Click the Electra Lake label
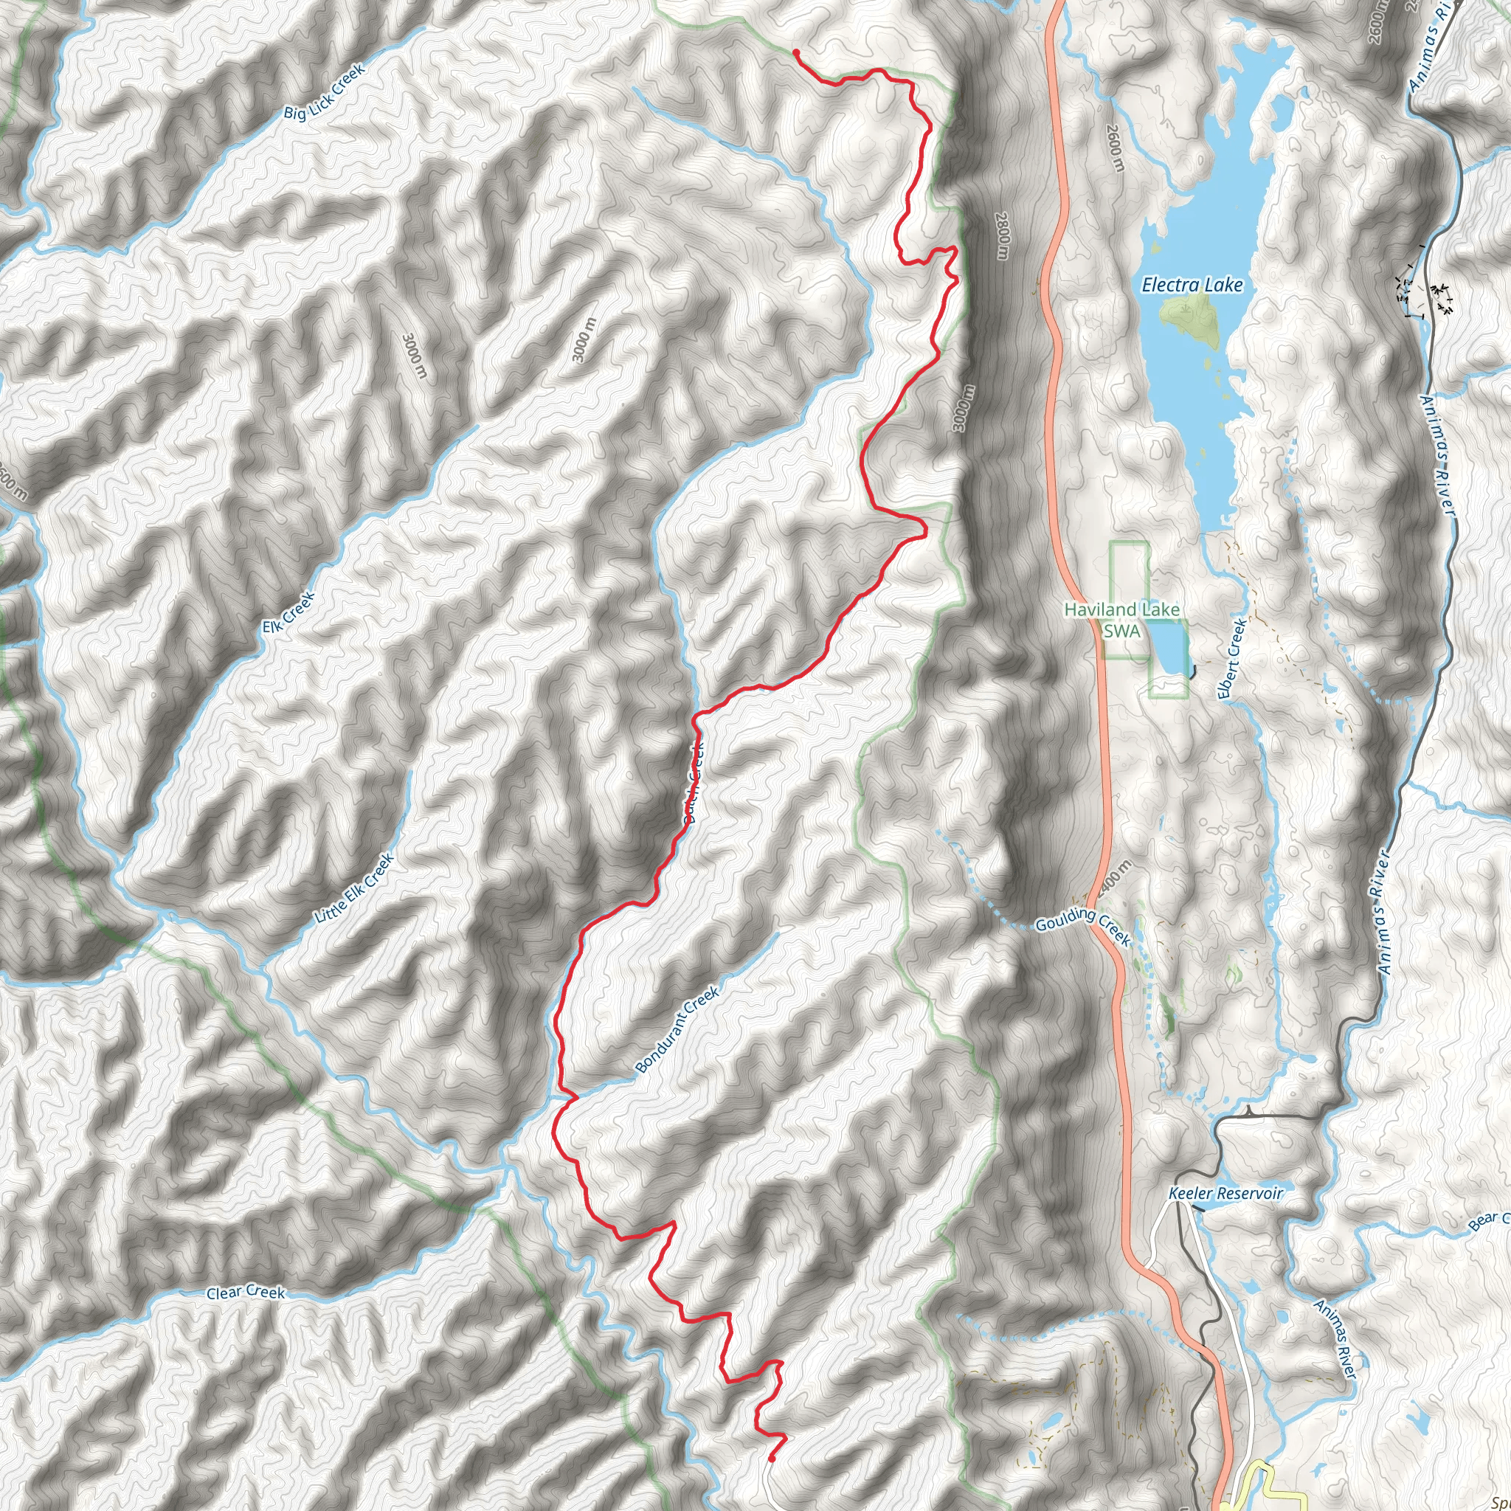tap(1192, 286)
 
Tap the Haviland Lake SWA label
tap(1121, 620)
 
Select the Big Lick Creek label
tap(325, 92)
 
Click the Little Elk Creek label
tap(355, 888)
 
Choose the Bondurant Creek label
tap(677, 1030)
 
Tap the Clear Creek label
tap(246, 1292)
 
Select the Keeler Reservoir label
tap(1225, 1194)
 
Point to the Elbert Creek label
tap(1232, 659)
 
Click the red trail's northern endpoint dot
tap(795, 52)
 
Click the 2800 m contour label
tap(1003, 236)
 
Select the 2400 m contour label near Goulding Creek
tap(1116, 882)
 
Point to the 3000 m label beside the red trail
tap(963, 408)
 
